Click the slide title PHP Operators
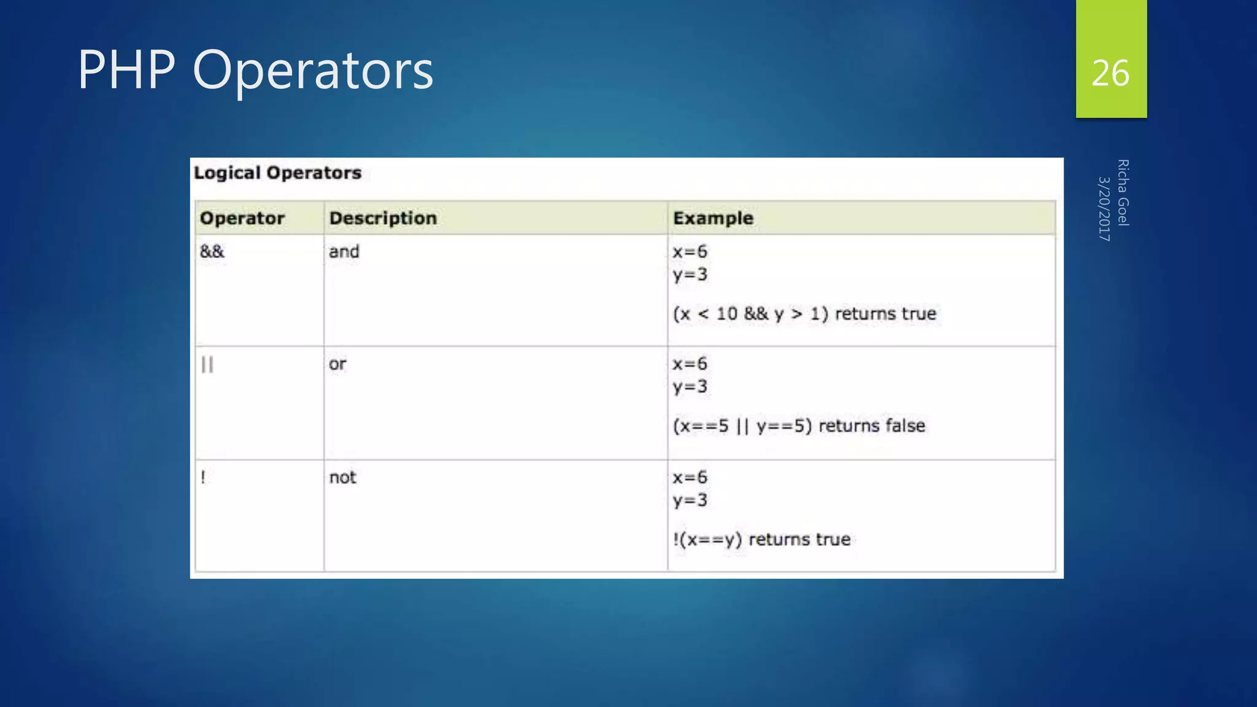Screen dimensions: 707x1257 [x=255, y=70]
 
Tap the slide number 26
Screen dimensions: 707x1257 [x=1110, y=73]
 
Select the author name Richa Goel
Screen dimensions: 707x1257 [x=1123, y=193]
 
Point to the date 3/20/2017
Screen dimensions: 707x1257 [x=1104, y=209]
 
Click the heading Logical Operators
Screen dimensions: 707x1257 [x=277, y=173]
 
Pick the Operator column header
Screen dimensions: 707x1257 [x=242, y=218]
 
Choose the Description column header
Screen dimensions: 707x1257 [x=383, y=218]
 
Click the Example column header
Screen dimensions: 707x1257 [x=713, y=218]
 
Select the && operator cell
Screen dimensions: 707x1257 [x=212, y=251]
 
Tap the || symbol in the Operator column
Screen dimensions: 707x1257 [x=207, y=365]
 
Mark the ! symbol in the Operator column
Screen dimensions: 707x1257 [x=203, y=477]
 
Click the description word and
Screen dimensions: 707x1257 [x=344, y=252]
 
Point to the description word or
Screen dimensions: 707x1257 [x=337, y=364]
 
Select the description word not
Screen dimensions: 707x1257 [x=342, y=477]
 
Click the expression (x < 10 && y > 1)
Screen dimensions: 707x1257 [x=751, y=314]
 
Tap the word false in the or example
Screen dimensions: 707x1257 [x=905, y=426]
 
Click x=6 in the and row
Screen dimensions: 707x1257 [x=690, y=252]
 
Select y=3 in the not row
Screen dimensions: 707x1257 [x=690, y=500]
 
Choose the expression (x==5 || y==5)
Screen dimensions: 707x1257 [x=742, y=426]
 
